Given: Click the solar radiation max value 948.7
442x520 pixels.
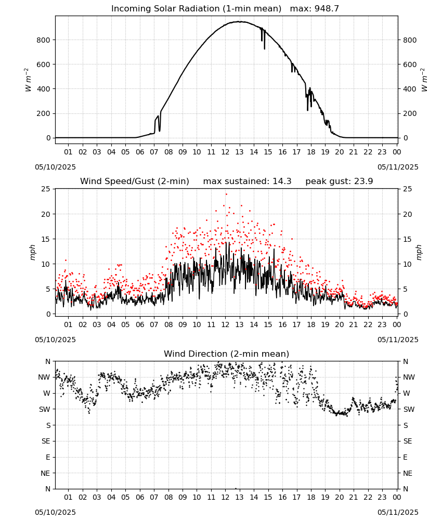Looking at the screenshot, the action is tap(327, 9).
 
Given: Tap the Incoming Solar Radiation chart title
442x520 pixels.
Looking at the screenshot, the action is tap(196, 9).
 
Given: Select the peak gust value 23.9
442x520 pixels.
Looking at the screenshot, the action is tap(360, 181).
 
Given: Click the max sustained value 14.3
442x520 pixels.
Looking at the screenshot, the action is tap(282, 181).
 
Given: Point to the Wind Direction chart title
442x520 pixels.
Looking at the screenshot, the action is tap(227, 354).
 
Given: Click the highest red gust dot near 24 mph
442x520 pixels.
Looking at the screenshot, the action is tap(227, 194).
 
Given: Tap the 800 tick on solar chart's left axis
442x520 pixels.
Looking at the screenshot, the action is tap(44, 40).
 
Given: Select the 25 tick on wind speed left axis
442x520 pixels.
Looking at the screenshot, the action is tap(46, 189).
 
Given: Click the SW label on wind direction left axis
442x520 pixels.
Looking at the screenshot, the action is tap(45, 409).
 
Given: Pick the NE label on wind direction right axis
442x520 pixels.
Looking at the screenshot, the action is tap(408, 473).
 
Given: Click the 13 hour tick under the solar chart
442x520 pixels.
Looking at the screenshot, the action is tap(239, 152).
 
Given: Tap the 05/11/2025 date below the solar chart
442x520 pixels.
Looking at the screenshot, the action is tap(398, 167).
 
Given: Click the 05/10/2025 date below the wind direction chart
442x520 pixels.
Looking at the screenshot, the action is tap(55, 512).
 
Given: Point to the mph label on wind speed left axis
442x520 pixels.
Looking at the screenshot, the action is tap(32, 252).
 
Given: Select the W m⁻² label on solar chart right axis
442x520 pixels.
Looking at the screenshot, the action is tap(424, 80).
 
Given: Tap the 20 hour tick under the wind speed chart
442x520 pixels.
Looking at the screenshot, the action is tap(339, 324).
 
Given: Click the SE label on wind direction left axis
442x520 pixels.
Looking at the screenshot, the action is tap(46, 441).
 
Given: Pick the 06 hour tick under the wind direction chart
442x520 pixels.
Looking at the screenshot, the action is tap(140, 497).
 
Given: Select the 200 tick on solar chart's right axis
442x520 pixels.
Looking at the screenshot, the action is tap(410, 113).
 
